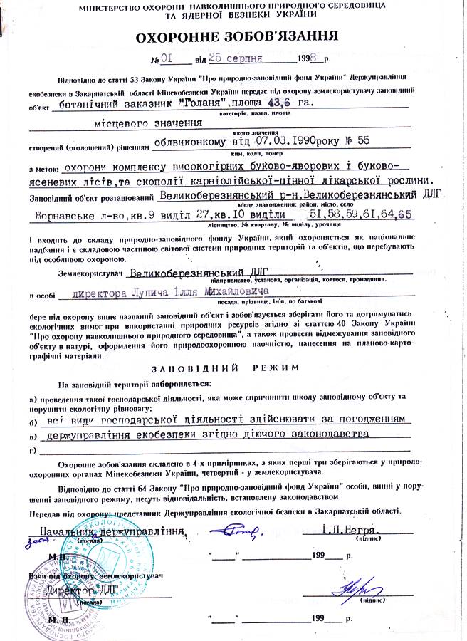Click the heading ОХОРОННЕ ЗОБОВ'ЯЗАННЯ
[x=233, y=38]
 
